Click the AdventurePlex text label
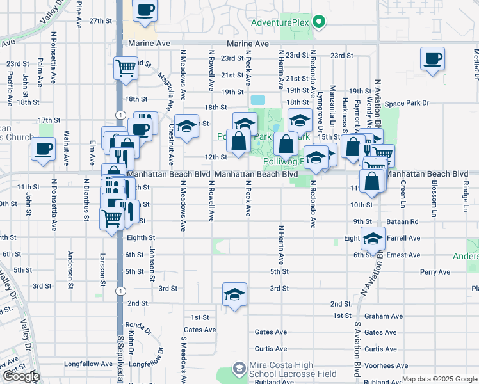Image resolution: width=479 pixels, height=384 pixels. point(280,23)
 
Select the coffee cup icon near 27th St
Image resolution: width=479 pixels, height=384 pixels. point(145,11)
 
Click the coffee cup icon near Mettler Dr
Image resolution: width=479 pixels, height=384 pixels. point(433,59)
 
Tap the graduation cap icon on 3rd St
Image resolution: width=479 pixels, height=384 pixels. point(234,294)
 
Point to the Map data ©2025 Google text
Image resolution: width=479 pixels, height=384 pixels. point(439,379)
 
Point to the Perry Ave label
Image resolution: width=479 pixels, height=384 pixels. point(435,272)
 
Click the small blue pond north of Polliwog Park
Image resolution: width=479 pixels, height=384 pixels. point(257,100)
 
